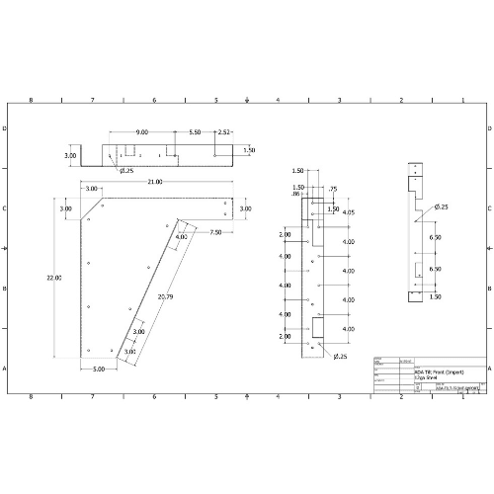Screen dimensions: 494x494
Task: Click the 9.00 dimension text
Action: (142, 131)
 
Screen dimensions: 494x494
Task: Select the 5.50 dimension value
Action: (195, 131)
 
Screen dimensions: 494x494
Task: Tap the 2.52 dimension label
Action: (224, 131)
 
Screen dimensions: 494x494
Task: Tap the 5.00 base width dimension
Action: (99, 369)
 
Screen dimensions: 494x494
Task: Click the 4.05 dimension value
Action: (348, 212)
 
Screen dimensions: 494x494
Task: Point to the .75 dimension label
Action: (332, 189)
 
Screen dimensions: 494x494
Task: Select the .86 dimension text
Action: (295, 195)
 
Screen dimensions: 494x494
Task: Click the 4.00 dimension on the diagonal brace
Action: (181, 237)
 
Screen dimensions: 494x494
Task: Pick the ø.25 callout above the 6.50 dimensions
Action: (441, 207)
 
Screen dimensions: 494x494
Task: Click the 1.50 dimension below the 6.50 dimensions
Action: (435, 295)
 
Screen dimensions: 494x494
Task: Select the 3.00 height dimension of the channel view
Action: (70, 156)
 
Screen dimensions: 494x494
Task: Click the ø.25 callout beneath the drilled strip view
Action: (341, 355)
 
